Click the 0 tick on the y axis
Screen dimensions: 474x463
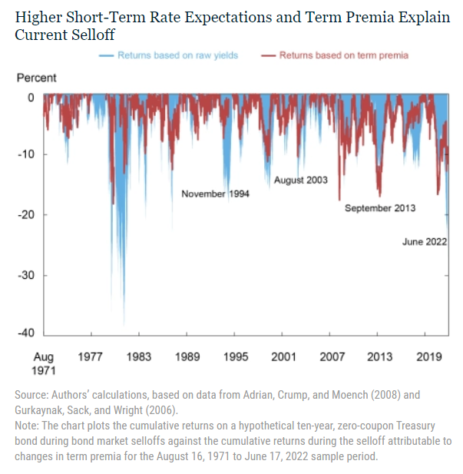pos(31,98)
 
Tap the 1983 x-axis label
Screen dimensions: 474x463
pos(139,356)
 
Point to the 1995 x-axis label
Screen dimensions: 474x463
pos(236,356)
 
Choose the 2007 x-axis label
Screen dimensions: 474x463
pos(332,356)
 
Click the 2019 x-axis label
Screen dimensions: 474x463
pos(428,356)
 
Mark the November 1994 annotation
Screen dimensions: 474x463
pos(215,194)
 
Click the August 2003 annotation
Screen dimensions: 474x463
pos(300,181)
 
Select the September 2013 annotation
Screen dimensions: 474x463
pos(380,208)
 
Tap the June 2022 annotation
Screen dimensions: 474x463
pos(425,242)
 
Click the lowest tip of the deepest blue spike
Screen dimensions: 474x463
pos(124,324)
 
